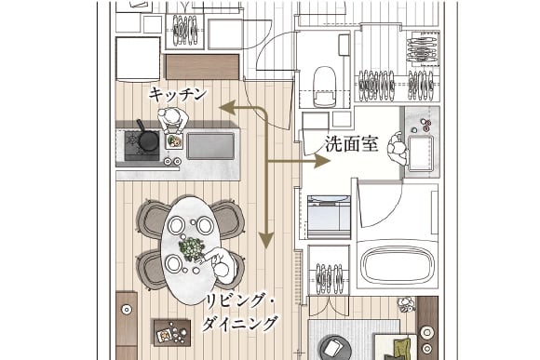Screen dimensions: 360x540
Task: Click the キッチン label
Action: [177, 94]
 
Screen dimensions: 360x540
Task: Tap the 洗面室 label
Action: [350, 145]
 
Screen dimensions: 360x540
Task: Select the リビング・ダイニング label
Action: [240, 311]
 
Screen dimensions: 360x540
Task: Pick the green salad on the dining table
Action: [192, 248]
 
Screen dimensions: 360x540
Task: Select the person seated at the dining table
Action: [223, 269]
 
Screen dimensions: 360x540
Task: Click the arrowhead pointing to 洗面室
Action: [322, 161]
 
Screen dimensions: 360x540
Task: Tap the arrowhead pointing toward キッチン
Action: [226, 108]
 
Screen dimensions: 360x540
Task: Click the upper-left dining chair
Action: [153, 219]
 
